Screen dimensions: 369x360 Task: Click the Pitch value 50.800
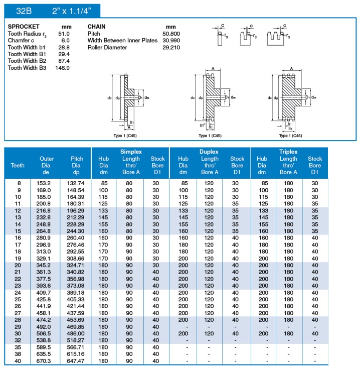click(x=171, y=33)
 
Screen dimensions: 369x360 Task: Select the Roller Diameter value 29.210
click(x=171, y=47)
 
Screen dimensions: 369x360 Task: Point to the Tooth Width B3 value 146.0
click(x=63, y=68)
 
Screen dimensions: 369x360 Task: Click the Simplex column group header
click(x=131, y=151)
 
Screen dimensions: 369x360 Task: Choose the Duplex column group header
click(x=210, y=151)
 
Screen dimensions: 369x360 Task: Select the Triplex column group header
click(x=289, y=151)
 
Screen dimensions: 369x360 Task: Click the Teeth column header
click(x=18, y=165)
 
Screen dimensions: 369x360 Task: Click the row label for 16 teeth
click(x=18, y=237)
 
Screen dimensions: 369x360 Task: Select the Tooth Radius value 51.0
click(x=64, y=33)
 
